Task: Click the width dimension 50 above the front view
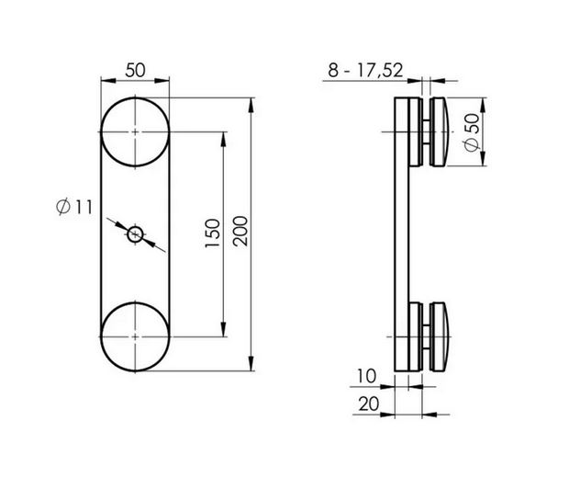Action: tap(135, 71)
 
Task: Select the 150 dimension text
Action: tap(212, 235)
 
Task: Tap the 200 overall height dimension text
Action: tap(240, 235)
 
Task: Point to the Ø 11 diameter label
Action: tap(74, 208)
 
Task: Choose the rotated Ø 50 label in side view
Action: tap(471, 134)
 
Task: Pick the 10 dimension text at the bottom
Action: tap(366, 377)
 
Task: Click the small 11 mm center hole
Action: tap(136, 234)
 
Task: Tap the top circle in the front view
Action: tap(136, 132)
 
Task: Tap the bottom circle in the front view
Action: tap(136, 336)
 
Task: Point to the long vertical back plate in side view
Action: tap(400, 235)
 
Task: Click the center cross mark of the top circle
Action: tap(136, 132)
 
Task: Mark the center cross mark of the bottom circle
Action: tap(136, 336)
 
